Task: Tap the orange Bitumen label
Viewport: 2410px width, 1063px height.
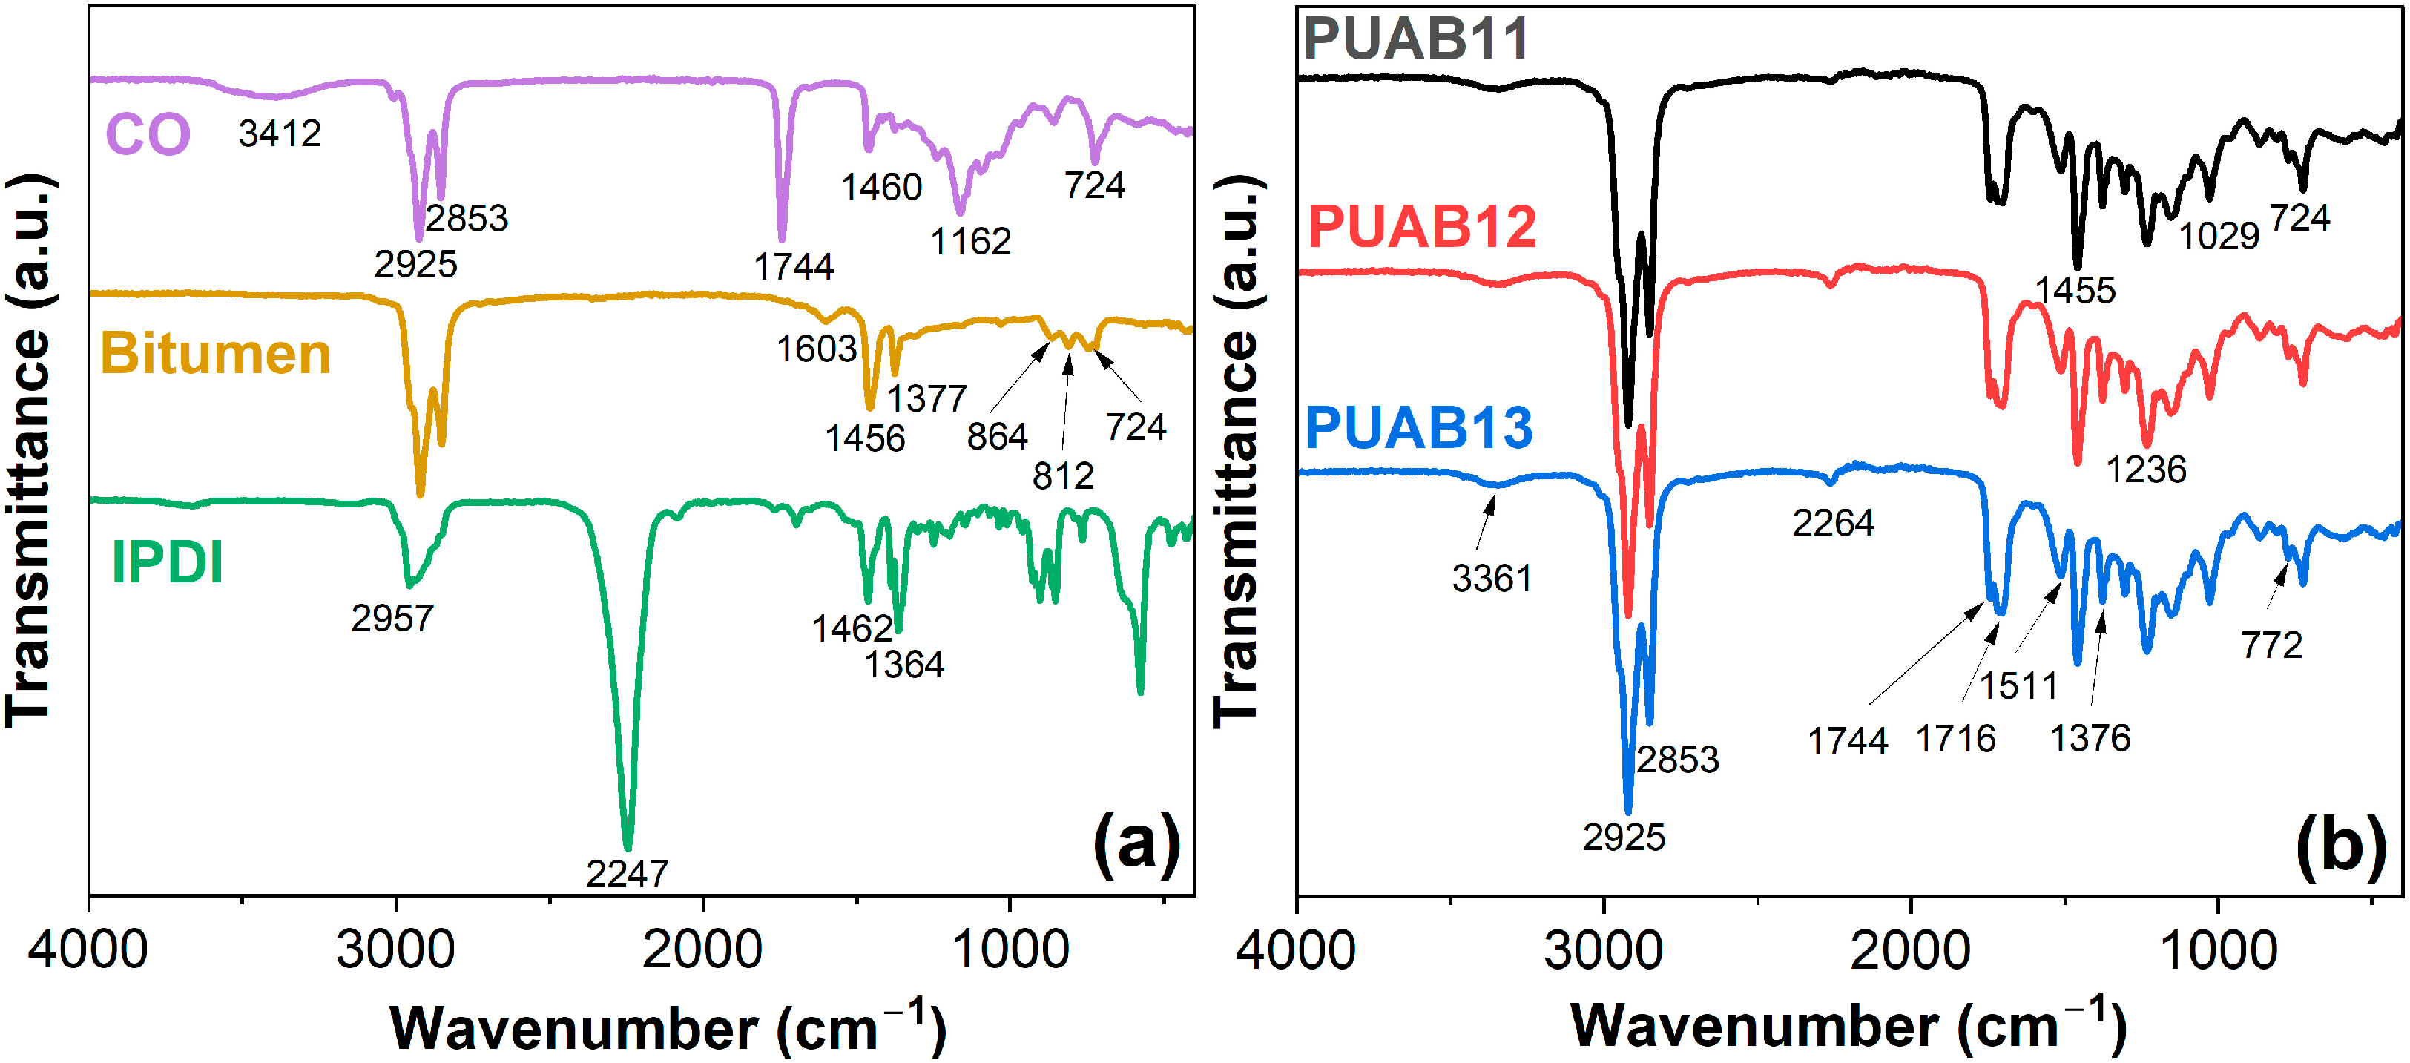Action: pos(215,354)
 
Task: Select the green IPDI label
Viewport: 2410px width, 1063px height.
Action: pos(168,562)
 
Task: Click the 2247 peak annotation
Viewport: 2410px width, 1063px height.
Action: pos(627,874)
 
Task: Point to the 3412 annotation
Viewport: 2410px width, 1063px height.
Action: pos(280,134)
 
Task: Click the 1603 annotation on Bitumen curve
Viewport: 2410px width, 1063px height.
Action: pos(816,349)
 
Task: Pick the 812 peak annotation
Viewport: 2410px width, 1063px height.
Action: pos(1063,476)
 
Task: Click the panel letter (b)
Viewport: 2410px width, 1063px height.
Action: pos(2340,847)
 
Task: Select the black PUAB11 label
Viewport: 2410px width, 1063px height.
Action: pos(1415,39)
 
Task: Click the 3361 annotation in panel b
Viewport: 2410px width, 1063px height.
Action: pos(1491,579)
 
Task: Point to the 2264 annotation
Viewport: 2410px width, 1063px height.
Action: pos(1833,523)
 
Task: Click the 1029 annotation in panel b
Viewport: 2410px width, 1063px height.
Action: pos(2219,236)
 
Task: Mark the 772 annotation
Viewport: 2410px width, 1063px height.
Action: pos(2271,645)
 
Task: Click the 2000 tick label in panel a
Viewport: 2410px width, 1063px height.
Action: pos(702,950)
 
